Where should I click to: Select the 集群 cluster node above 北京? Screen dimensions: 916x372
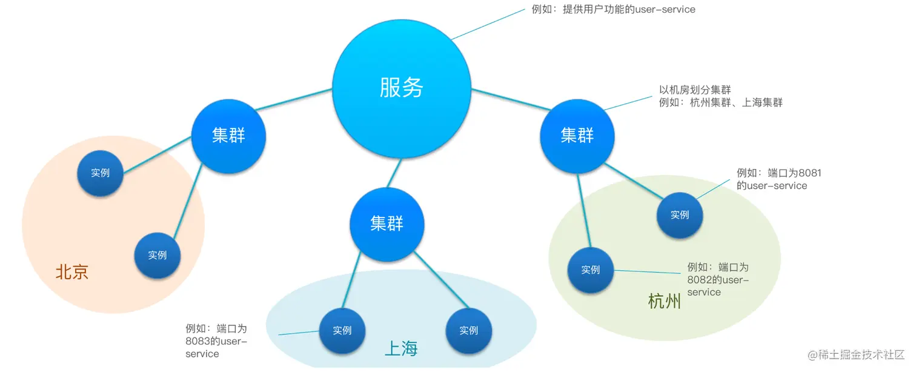(228, 135)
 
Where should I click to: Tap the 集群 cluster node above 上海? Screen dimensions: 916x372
(387, 224)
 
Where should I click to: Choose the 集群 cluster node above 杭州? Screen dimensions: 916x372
(577, 135)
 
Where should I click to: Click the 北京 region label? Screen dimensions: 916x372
(72, 272)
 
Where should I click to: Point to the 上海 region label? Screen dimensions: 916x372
(401, 348)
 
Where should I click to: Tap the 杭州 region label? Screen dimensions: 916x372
(664, 301)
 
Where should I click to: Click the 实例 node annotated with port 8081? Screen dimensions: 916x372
(680, 214)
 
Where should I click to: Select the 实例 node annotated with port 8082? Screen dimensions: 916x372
(590, 270)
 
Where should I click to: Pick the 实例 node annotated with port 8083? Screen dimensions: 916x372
(342, 331)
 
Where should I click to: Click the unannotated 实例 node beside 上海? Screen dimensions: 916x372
(468, 331)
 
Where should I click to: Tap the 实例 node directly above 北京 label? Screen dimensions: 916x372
(158, 255)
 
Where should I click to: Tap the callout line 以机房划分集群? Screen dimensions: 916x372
(695, 90)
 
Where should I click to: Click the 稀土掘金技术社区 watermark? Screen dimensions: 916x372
(857, 354)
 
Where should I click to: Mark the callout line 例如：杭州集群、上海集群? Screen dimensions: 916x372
(721, 103)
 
